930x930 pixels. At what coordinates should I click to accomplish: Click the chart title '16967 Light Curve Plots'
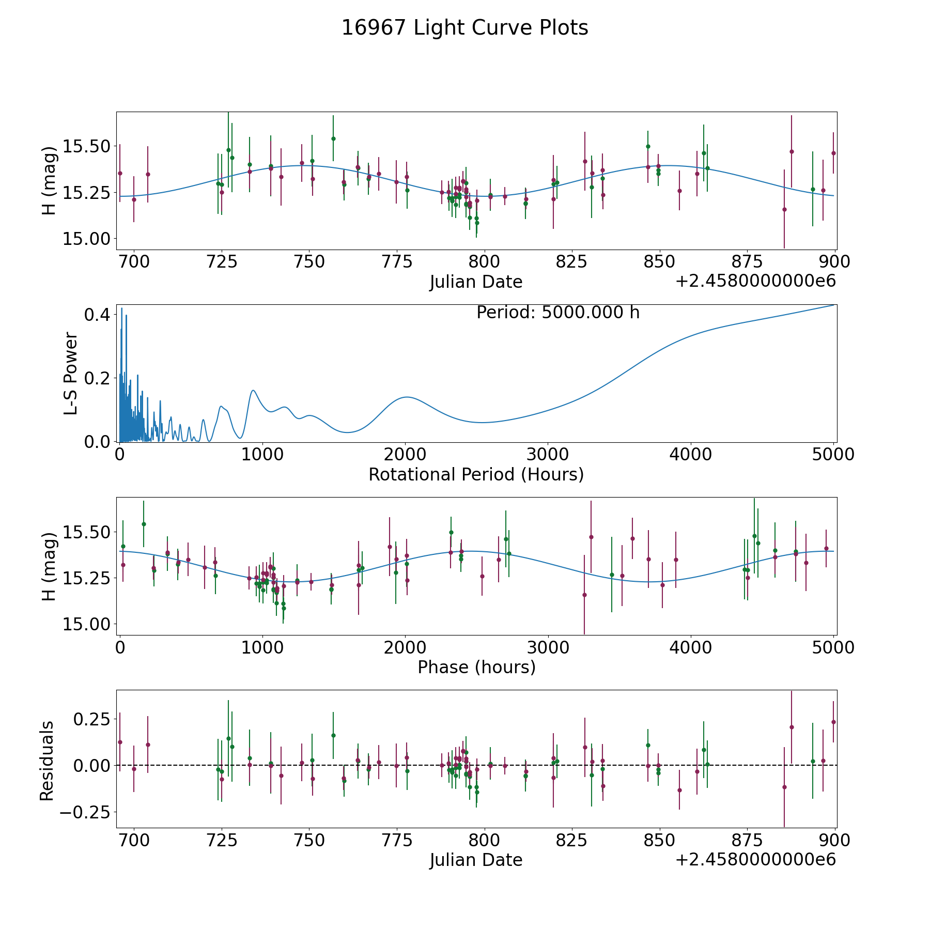(464, 28)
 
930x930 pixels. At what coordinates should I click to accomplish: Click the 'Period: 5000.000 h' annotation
(558, 313)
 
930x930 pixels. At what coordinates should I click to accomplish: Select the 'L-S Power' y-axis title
(71, 374)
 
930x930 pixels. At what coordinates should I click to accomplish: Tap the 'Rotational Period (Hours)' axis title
(476, 474)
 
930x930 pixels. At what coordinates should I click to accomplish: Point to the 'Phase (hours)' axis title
(476, 667)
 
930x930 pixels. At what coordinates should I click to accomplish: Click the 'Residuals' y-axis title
(47, 761)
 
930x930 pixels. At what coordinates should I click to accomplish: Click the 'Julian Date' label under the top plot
(476, 282)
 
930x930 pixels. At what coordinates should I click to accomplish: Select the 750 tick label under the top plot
(309, 262)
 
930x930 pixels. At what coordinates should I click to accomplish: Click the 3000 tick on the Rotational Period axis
(548, 455)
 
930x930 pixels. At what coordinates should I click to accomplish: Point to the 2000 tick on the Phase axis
(405, 647)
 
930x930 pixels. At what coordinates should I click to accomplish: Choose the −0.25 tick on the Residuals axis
(82, 812)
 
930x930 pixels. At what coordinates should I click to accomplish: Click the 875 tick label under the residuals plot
(747, 840)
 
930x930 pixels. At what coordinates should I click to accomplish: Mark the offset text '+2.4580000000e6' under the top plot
(755, 282)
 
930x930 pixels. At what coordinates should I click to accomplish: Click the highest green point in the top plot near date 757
(333, 138)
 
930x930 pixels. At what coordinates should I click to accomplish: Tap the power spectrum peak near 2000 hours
(407, 397)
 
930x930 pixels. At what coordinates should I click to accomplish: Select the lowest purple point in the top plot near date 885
(784, 209)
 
